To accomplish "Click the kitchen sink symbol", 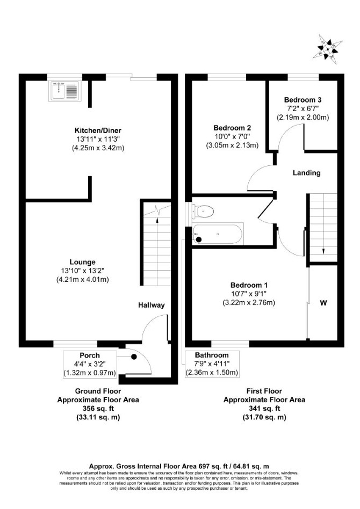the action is [x=64, y=90].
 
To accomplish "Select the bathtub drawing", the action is [x=218, y=234].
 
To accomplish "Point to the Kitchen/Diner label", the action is [x=98, y=130].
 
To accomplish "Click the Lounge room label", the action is [x=83, y=262].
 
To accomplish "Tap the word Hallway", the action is [x=152, y=305].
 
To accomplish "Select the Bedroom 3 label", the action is [x=303, y=100].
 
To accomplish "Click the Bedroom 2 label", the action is [x=232, y=128].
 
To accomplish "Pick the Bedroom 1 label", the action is [x=249, y=285].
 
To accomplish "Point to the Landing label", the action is [x=307, y=173].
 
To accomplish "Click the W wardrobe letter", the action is [x=323, y=303].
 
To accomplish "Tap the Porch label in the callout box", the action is [x=90, y=355].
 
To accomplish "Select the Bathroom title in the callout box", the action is [x=212, y=355].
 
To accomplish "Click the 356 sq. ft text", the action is [x=98, y=409].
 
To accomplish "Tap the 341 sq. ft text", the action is [x=264, y=409].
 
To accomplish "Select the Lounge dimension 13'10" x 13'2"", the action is [x=83, y=271].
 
